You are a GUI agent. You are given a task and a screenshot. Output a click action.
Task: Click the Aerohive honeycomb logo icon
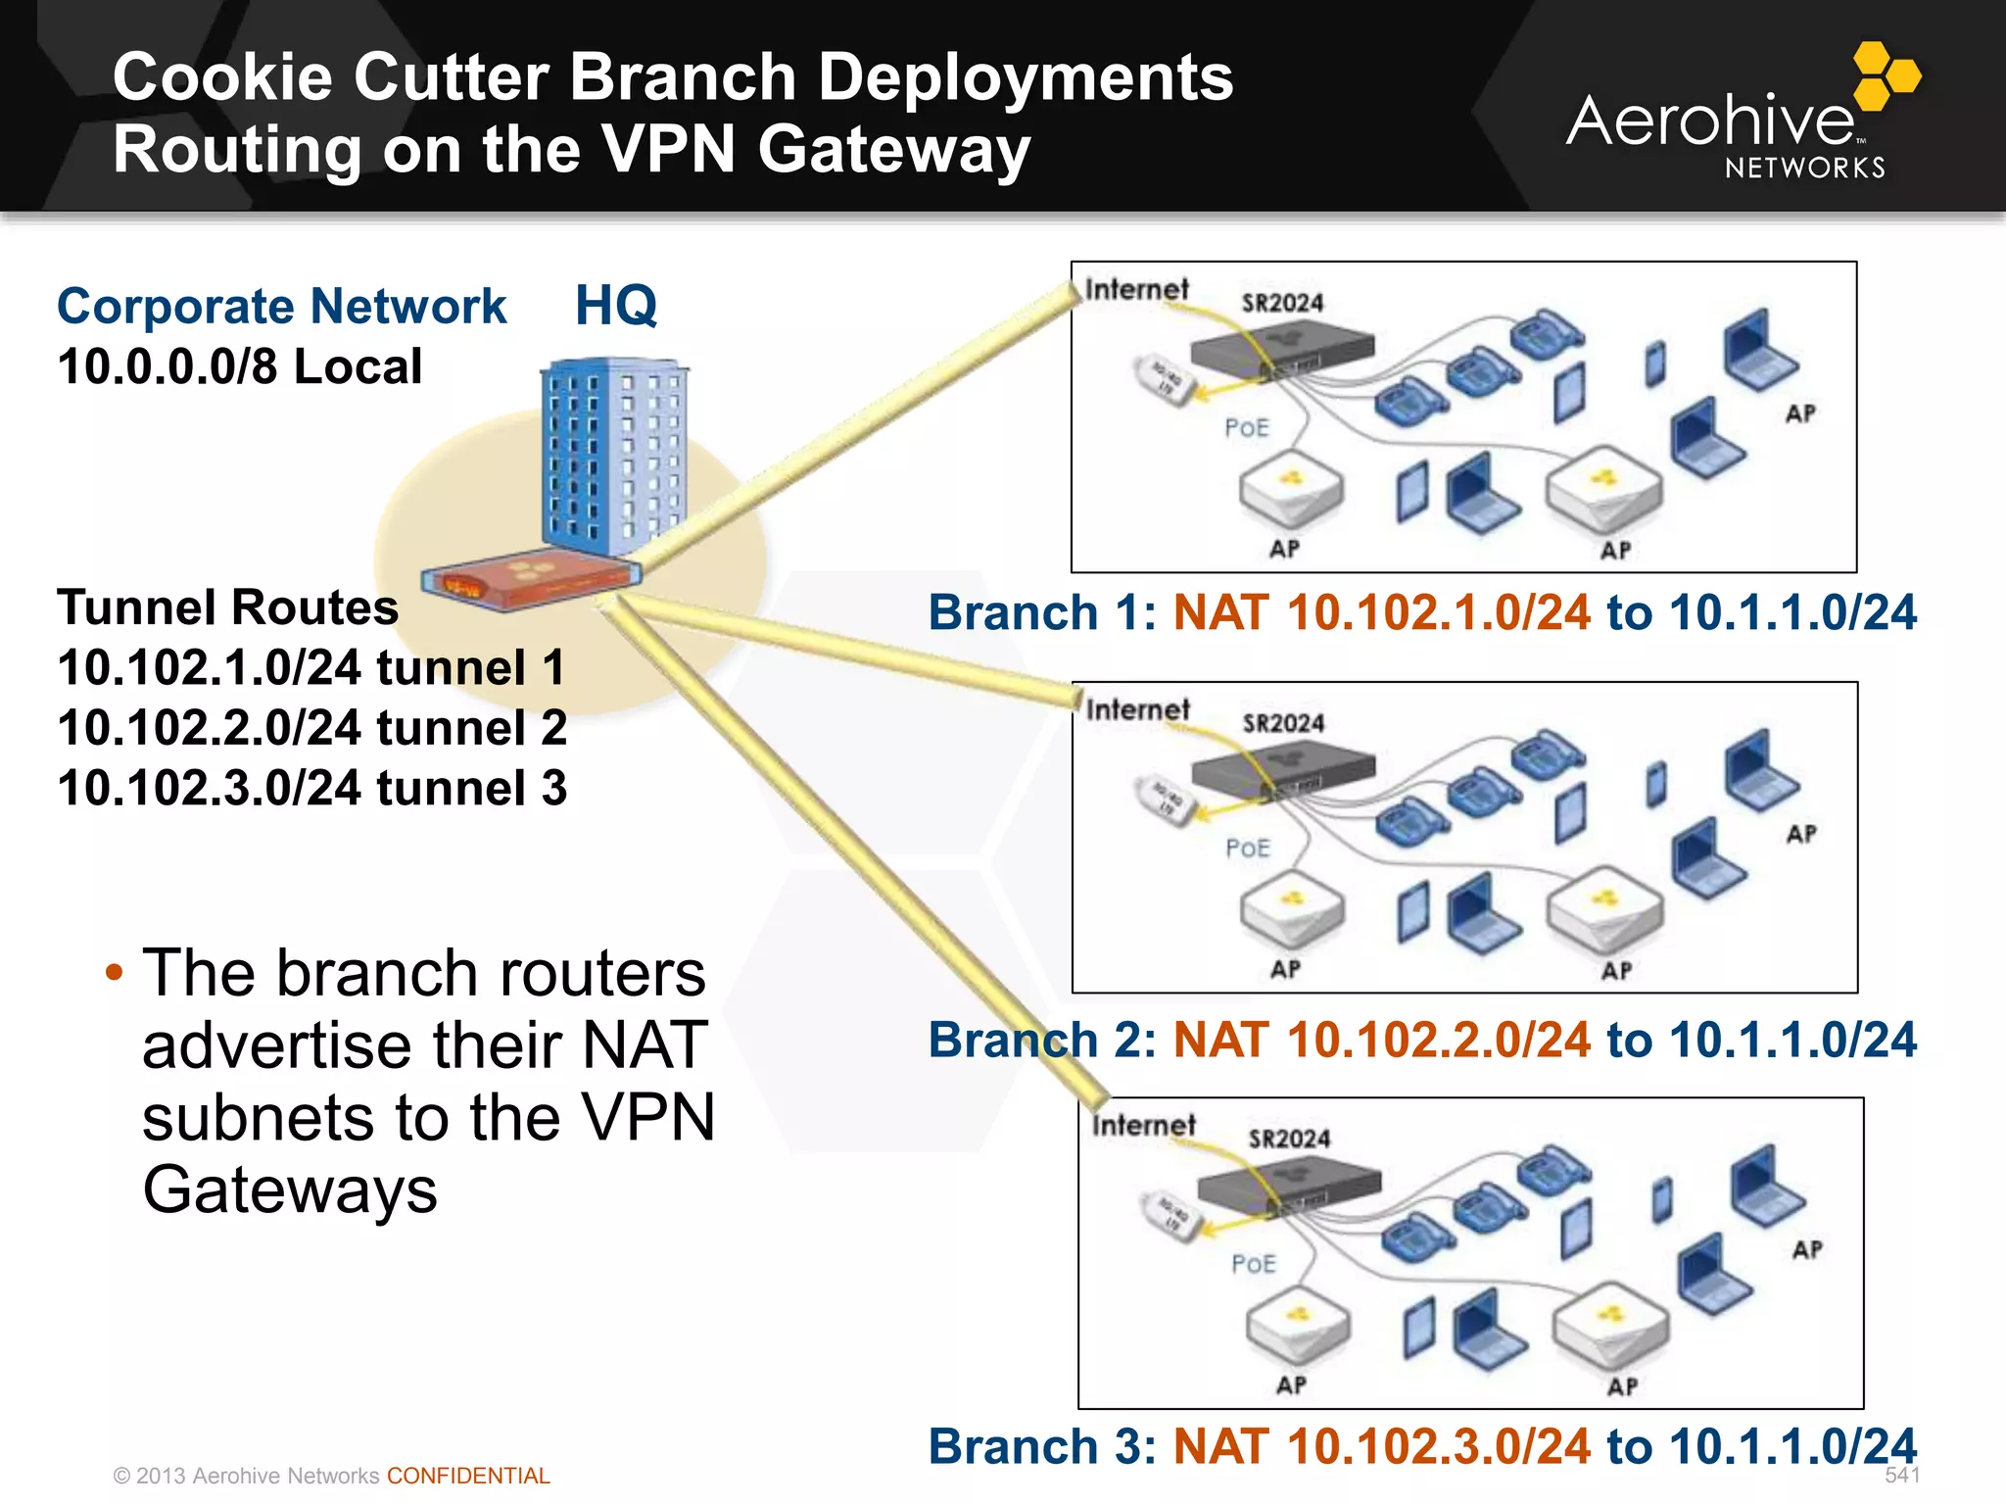(1886, 76)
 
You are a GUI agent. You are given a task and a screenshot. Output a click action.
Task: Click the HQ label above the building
(615, 306)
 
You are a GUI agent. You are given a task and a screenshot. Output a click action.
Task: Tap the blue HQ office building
(614, 456)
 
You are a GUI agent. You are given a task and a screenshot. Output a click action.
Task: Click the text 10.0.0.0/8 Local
(239, 367)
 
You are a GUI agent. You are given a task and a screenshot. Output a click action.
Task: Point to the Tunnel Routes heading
(227, 607)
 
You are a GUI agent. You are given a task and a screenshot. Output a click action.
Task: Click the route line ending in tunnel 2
(311, 728)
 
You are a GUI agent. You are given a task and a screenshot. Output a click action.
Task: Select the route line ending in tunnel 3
(311, 789)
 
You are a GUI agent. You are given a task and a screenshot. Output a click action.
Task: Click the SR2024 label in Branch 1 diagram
(1282, 303)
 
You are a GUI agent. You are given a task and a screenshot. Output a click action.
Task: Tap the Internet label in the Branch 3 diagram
(1143, 1125)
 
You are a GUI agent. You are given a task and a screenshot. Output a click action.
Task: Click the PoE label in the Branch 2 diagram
(1247, 848)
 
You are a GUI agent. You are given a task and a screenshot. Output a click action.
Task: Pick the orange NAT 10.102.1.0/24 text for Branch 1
(1381, 612)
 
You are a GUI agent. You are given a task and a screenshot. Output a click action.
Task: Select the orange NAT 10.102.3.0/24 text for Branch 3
(1381, 1447)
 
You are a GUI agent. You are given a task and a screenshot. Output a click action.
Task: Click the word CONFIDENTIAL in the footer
(468, 1476)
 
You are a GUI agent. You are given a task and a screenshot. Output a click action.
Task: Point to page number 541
(1901, 1476)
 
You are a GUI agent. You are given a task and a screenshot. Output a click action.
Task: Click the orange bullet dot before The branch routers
(115, 973)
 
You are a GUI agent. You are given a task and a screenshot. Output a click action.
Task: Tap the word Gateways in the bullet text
(289, 1190)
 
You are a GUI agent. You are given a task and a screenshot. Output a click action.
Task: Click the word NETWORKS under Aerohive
(1804, 169)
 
